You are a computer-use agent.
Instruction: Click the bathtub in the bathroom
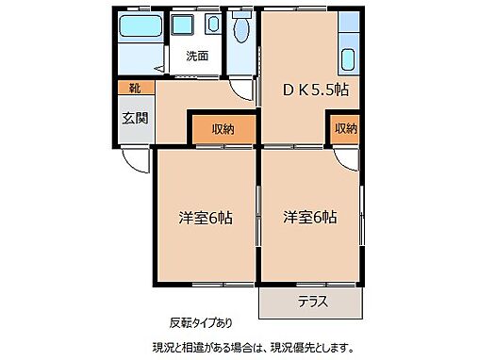pyautogui.click(x=140, y=29)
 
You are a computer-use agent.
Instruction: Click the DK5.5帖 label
pyautogui.click(x=317, y=91)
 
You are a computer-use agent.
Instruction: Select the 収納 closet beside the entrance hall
pyautogui.click(x=223, y=129)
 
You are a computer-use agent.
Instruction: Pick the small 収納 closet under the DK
pyautogui.click(x=345, y=129)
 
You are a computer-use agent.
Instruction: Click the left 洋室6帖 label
pyautogui.click(x=206, y=218)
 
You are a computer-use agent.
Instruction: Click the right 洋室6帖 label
pyautogui.click(x=310, y=218)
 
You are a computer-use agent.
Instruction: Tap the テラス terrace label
pyautogui.click(x=312, y=303)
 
